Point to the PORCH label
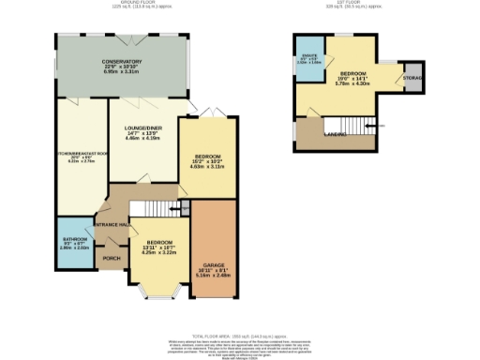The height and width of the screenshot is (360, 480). pos(112,258)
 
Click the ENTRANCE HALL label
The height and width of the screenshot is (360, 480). pos(110,225)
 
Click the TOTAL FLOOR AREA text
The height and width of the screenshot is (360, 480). pos(240,335)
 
